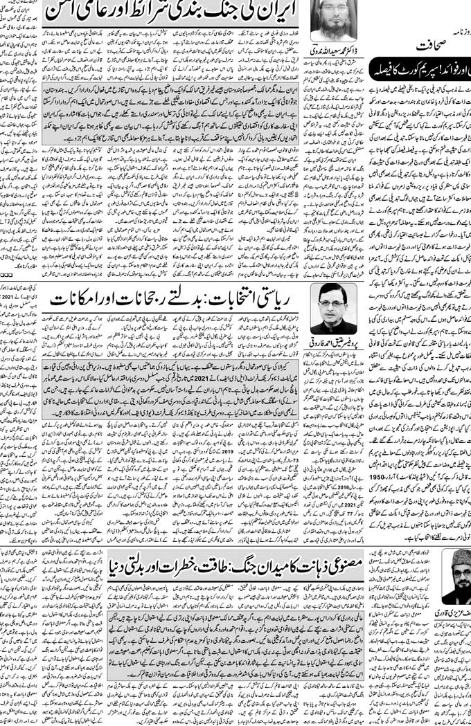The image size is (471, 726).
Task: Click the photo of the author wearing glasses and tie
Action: [333, 309]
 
